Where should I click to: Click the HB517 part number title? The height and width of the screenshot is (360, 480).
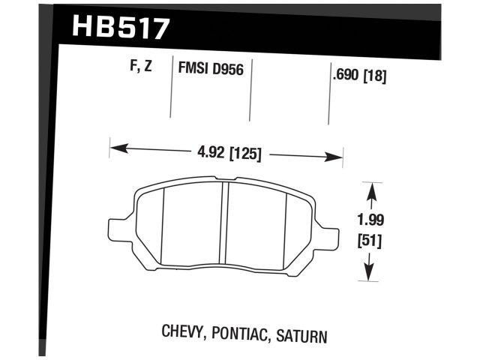coord(121,28)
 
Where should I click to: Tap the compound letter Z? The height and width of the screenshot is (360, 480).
coord(149,67)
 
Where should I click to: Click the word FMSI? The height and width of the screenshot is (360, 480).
coord(193,68)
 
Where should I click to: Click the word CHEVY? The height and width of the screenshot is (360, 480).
coord(181,332)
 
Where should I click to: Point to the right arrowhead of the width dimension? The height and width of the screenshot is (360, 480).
coord(337,157)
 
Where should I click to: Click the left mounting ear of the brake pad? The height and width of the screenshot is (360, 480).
coord(118,227)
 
